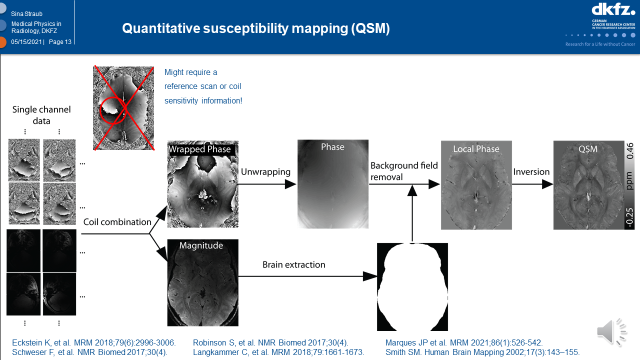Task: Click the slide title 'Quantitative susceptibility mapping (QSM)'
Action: pos(255,28)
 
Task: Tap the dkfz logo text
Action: pos(613,9)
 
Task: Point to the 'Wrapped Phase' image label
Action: pos(199,149)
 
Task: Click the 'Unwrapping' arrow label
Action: pos(265,172)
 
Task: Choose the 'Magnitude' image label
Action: pos(200,245)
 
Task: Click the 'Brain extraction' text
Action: pos(294,264)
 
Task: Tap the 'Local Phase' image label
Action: pos(476,149)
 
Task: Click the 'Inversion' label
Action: pos(531,172)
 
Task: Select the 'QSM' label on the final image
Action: pos(587,149)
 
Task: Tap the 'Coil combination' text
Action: pos(117,222)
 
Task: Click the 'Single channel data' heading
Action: pos(41,115)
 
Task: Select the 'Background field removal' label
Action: pos(404,171)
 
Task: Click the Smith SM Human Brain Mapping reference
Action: pos(482,352)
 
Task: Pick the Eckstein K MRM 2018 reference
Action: pos(94,342)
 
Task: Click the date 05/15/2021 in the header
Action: pos(27,42)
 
